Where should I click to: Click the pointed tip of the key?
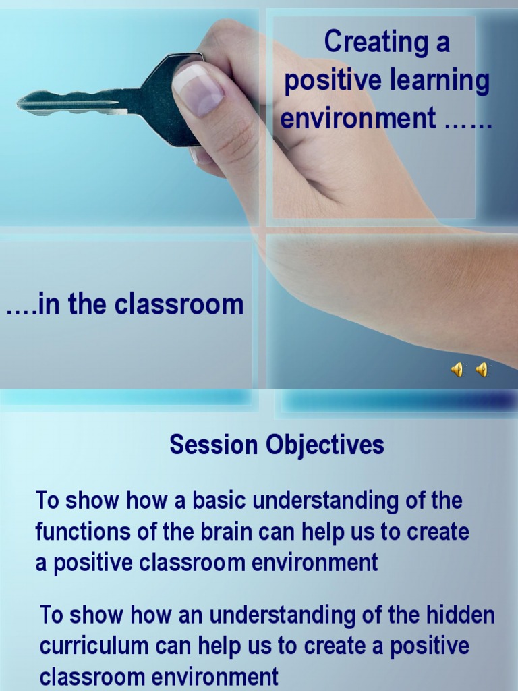(x=20, y=102)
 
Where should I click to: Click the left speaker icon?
(x=457, y=369)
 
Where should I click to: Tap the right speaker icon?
(x=482, y=369)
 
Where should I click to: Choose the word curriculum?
(x=94, y=646)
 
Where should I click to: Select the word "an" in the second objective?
(x=193, y=615)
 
